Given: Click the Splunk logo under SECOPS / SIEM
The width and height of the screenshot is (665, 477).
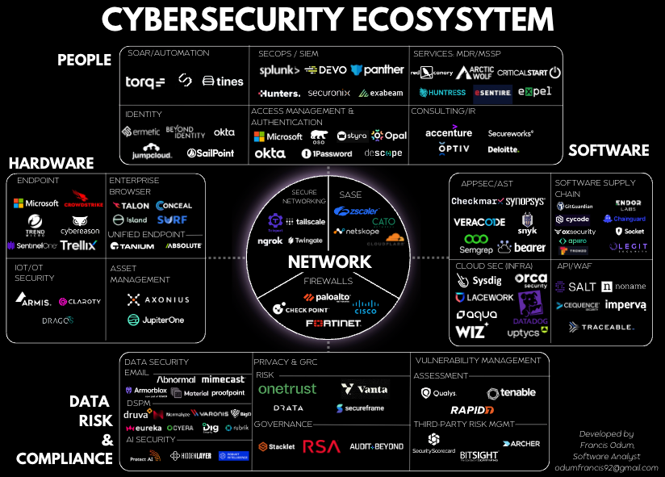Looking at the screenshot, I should [x=279, y=71].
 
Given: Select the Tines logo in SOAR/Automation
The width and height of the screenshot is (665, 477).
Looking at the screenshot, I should [x=223, y=82].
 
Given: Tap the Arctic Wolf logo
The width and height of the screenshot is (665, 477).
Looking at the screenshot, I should [x=475, y=73].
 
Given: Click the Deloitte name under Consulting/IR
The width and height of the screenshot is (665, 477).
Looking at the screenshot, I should [x=504, y=149].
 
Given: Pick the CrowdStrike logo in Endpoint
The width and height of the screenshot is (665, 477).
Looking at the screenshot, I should [x=86, y=200].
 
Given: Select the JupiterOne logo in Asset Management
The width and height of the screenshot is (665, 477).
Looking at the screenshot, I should [x=156, y=320].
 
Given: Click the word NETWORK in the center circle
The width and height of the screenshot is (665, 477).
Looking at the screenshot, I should [x=330, y=262].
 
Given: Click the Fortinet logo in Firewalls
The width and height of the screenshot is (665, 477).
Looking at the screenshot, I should [x=332, y=324].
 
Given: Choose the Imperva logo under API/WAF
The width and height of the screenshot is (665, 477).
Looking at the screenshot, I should [x=625, y=306].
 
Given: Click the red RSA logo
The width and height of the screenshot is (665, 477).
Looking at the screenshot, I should [x=321, y=446].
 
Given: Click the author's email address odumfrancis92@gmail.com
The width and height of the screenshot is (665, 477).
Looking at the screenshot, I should [x=607, y=468].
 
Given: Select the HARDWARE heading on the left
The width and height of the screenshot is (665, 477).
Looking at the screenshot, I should [x=52, y=163].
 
